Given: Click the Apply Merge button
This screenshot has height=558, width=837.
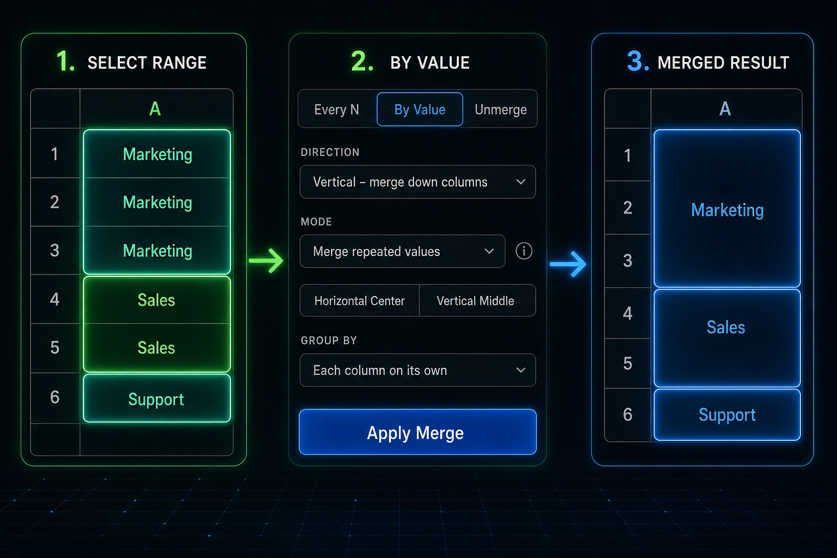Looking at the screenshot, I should click(417, 432).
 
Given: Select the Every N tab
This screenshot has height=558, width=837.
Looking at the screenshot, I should click(337, 110).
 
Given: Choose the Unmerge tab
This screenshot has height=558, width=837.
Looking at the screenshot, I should click(500, 110).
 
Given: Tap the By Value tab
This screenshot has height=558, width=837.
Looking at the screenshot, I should click(420, 110).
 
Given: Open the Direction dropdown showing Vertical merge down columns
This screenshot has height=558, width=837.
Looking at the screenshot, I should click(417, 182).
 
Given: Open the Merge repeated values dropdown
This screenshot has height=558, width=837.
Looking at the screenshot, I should click(402, 251).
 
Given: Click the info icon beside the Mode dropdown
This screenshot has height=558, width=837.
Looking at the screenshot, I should click(524, 251).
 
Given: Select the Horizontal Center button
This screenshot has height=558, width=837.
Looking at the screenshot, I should click(360, 301).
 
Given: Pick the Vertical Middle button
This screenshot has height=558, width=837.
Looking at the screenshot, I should click(475, 301).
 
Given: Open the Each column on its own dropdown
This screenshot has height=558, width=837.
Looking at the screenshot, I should click(417, 371).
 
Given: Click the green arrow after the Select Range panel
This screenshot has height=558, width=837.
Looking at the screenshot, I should click(266, 260).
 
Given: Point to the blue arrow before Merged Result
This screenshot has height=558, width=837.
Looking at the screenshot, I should click(568, 264).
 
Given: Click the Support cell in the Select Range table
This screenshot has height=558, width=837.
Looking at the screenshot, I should click(156, 399).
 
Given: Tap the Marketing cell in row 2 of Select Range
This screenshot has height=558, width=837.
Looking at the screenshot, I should click(157, 202).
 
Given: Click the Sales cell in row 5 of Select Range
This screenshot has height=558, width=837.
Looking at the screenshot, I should click(156, 348).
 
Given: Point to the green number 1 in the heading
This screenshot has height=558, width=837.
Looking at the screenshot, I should click(65, 61).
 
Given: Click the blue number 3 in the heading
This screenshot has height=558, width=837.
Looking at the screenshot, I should click(638, 61).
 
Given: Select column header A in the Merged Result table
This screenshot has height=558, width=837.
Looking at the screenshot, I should click(725, 109).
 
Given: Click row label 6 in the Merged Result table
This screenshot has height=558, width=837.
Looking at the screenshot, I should click(628, 415).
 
